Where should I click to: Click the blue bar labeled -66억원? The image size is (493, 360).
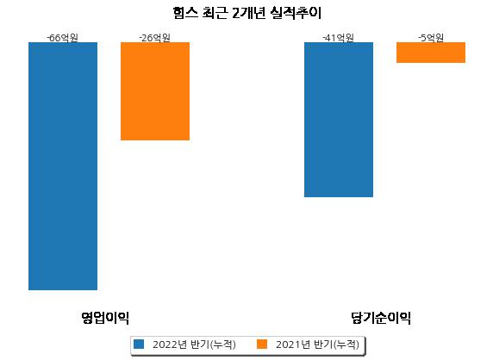click(63, 166)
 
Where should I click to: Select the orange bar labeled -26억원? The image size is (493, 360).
click(155, 91)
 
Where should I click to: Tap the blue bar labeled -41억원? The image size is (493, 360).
click(339, 120)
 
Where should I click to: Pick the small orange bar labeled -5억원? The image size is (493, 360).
click(431, 53)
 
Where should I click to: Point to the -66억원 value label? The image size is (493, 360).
click(63, 38)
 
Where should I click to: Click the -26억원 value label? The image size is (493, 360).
click(154, 38)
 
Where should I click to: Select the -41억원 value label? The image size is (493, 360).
click(339, 38)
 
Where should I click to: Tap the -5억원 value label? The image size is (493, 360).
click(431, 38)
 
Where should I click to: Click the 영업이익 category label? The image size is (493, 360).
click(105, 318)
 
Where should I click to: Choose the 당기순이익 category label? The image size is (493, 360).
click(381, 318)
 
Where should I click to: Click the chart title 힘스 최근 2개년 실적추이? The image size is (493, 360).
click(247, 13)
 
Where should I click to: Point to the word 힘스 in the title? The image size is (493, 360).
click(185, 13)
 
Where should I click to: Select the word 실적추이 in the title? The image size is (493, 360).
click(296, 13)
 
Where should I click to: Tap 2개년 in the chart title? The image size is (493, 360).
click(249, 13)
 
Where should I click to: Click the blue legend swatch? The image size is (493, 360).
click(139, 344)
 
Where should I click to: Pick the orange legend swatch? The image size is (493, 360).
click(262, 344)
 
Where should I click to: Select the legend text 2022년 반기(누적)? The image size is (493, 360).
click(194, 344)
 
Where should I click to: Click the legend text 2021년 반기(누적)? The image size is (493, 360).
click(317, 344)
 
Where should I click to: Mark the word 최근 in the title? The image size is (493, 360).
click(215, 13)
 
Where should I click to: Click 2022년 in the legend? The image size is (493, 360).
click(170, 344)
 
